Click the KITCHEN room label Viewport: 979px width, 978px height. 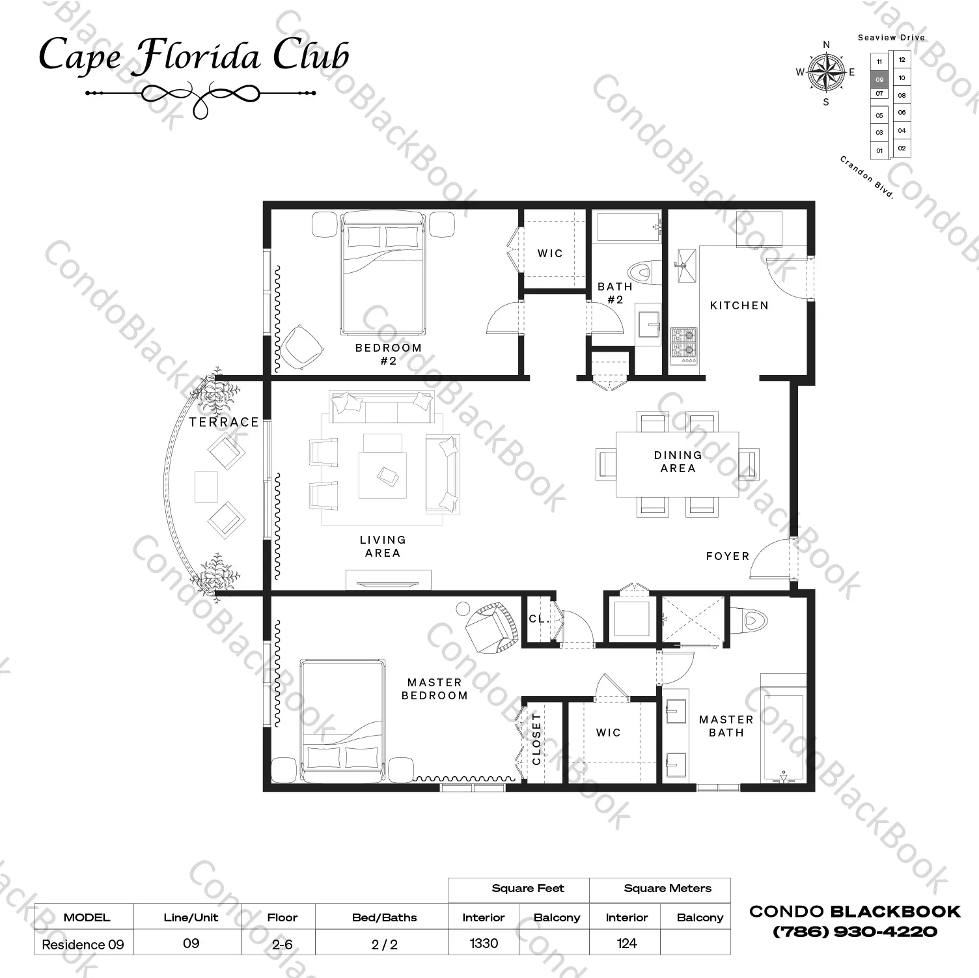point(739,305)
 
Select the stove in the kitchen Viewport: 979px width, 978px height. point(683,344)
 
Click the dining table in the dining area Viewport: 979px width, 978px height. point(677,464)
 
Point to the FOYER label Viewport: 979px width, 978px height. point(728,556)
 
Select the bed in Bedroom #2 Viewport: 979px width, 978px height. point(383,273)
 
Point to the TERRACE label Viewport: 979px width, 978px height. point(225,422)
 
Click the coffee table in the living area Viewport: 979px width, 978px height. point(383,475)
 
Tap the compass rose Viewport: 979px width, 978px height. point(826,72)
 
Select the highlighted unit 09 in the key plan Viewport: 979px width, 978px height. point(879,79)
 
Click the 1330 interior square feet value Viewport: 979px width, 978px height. point(484,943)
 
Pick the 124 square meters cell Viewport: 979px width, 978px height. point(627,943)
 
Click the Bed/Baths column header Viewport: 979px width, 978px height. point(384,917)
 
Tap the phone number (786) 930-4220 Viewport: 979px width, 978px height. point(855,932)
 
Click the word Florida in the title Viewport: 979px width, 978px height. point(199,55)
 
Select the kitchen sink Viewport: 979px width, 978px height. point(686,266)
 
